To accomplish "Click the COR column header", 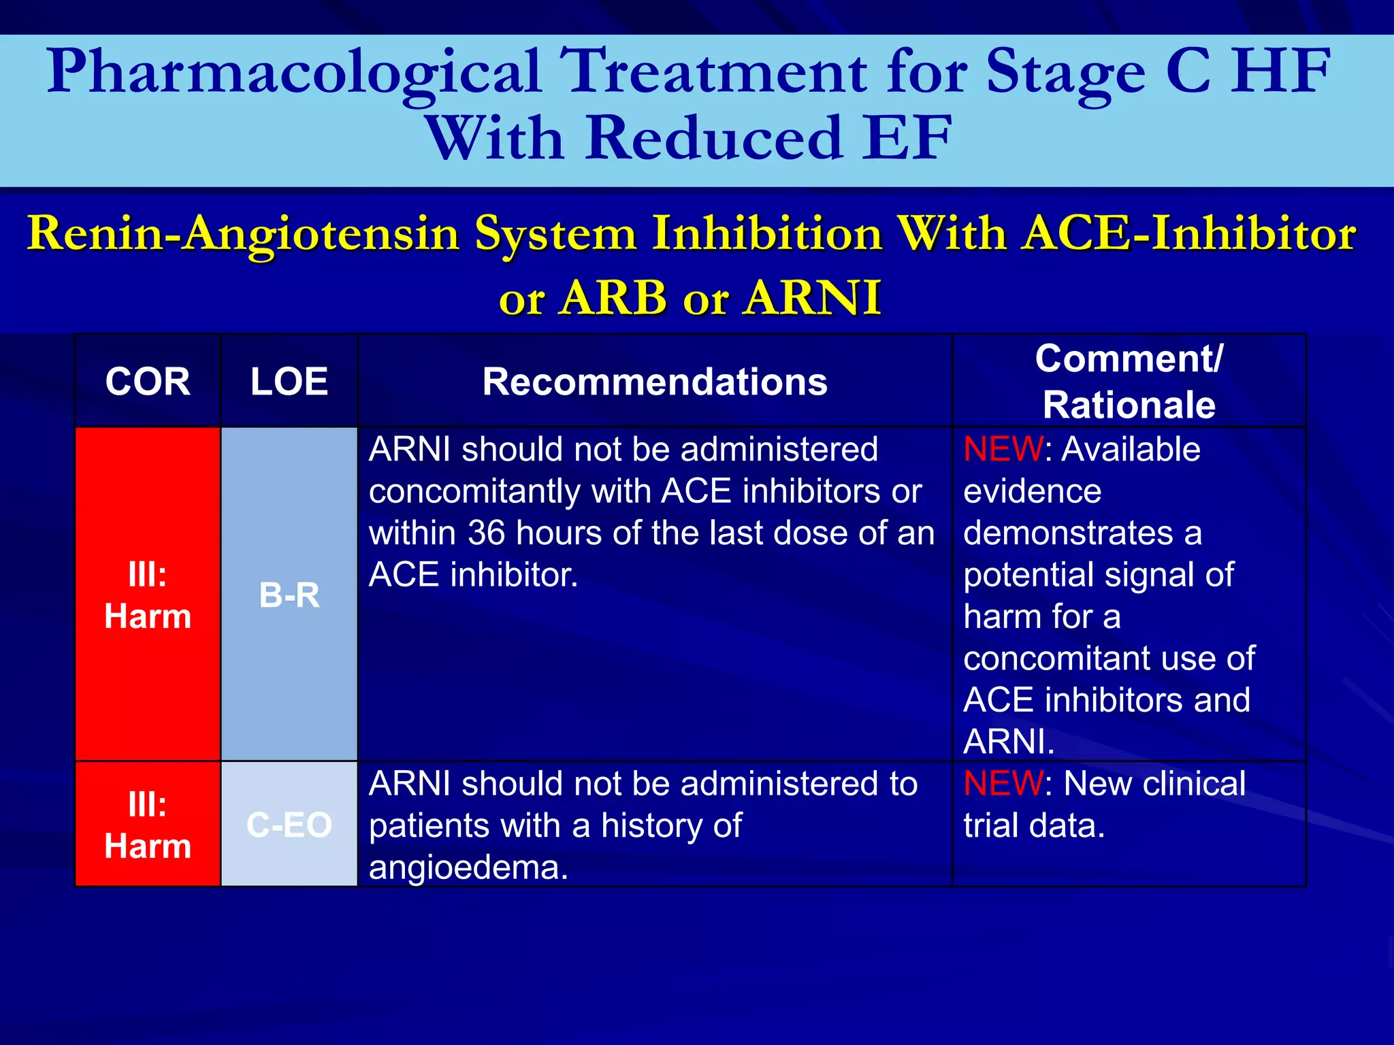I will pos(148,382).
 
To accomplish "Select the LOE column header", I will pos(289,382).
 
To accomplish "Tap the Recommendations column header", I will pos(655,382).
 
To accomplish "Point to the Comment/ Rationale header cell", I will pos(1129,382).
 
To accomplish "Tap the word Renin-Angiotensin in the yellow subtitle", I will pos(244,234).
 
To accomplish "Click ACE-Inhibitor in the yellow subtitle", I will pos(1190,234).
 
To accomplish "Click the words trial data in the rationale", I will pos(1033,826).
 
